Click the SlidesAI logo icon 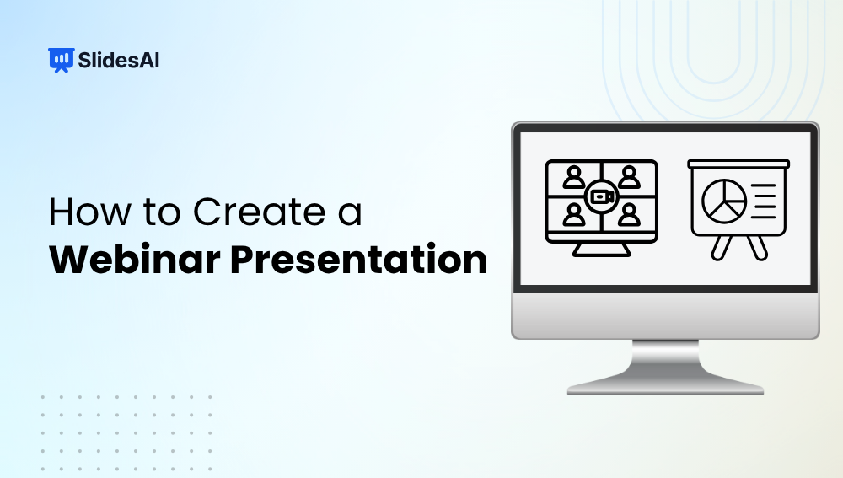pos(59,60)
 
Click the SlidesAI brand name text pos(118,60)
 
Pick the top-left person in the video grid pos(575,177)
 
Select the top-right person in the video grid pos(628,177)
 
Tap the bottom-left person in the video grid pos(575,216)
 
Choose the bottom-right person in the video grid pos(628,216)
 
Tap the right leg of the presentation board pos(758,246)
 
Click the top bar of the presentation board pos(738,164)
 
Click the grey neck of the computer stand pos(665,359)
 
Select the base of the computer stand pos(665,388)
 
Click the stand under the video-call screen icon pos(601,249)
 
